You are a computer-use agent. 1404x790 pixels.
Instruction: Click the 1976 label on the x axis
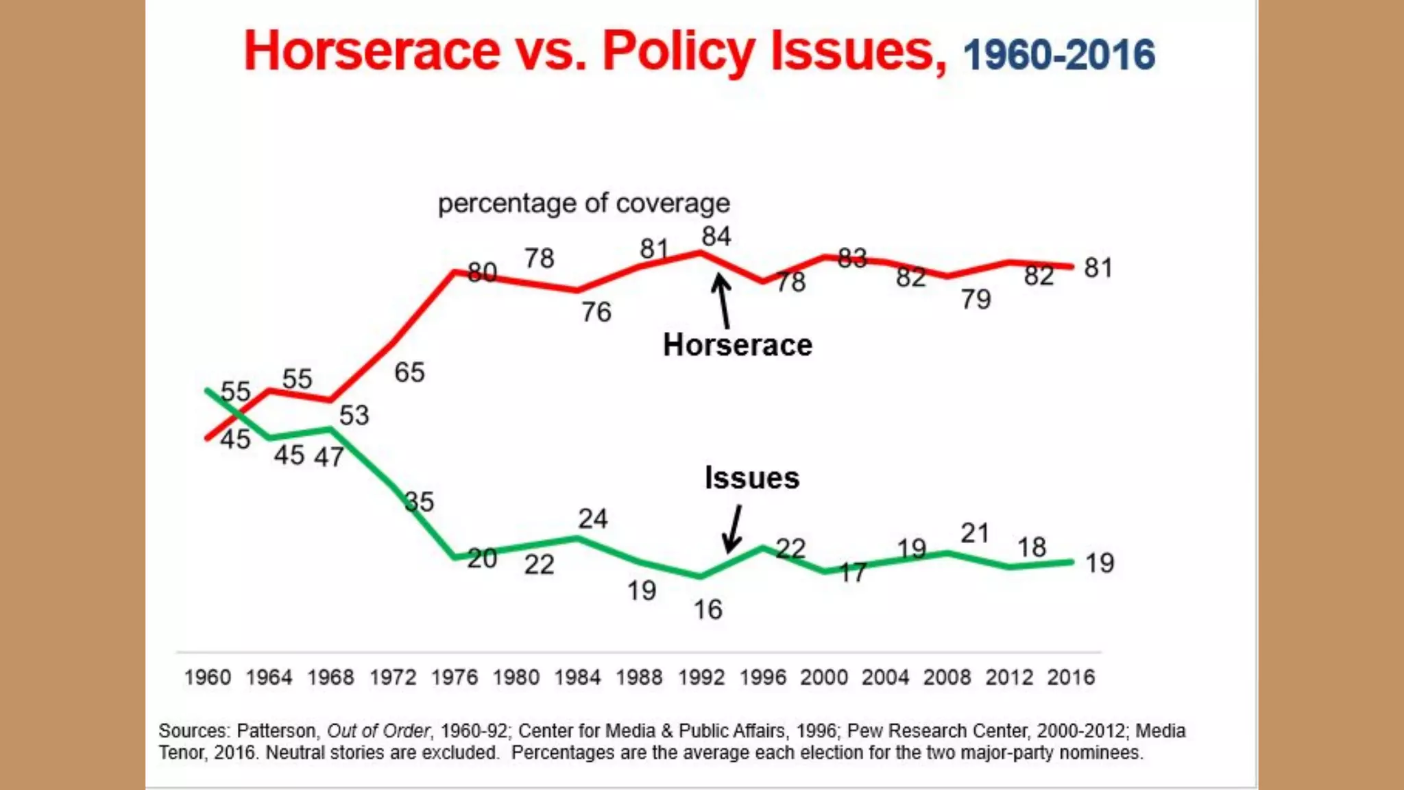coord(455,678)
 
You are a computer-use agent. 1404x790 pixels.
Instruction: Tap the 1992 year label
coord(701,678)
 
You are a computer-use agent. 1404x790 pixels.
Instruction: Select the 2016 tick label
coord(1070,678)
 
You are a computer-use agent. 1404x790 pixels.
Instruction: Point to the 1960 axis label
coord(207,678)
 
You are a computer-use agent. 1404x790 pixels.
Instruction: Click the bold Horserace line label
coord(738,345)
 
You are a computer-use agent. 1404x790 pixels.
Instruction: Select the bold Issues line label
coord(752,478)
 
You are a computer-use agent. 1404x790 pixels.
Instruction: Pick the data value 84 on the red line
coord(716,237)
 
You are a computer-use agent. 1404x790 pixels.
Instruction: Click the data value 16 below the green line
coord(708,610)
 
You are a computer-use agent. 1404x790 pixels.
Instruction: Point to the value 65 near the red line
coord(409,372)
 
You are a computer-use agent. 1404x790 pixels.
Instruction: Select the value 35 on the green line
coord(419,502)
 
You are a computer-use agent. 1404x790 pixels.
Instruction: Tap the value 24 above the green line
coord(592,519)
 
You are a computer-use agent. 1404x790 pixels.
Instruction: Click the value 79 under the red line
coord(976,299)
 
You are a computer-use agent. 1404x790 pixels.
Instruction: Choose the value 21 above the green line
coord(975,534)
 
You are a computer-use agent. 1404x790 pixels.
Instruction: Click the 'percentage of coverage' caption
coord(584,204)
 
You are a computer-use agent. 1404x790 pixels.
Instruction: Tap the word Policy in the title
coord(679,51)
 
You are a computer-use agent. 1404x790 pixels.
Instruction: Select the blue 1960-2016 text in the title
coord(1059,55)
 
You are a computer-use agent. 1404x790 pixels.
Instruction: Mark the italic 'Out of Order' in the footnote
coord(378,731)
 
